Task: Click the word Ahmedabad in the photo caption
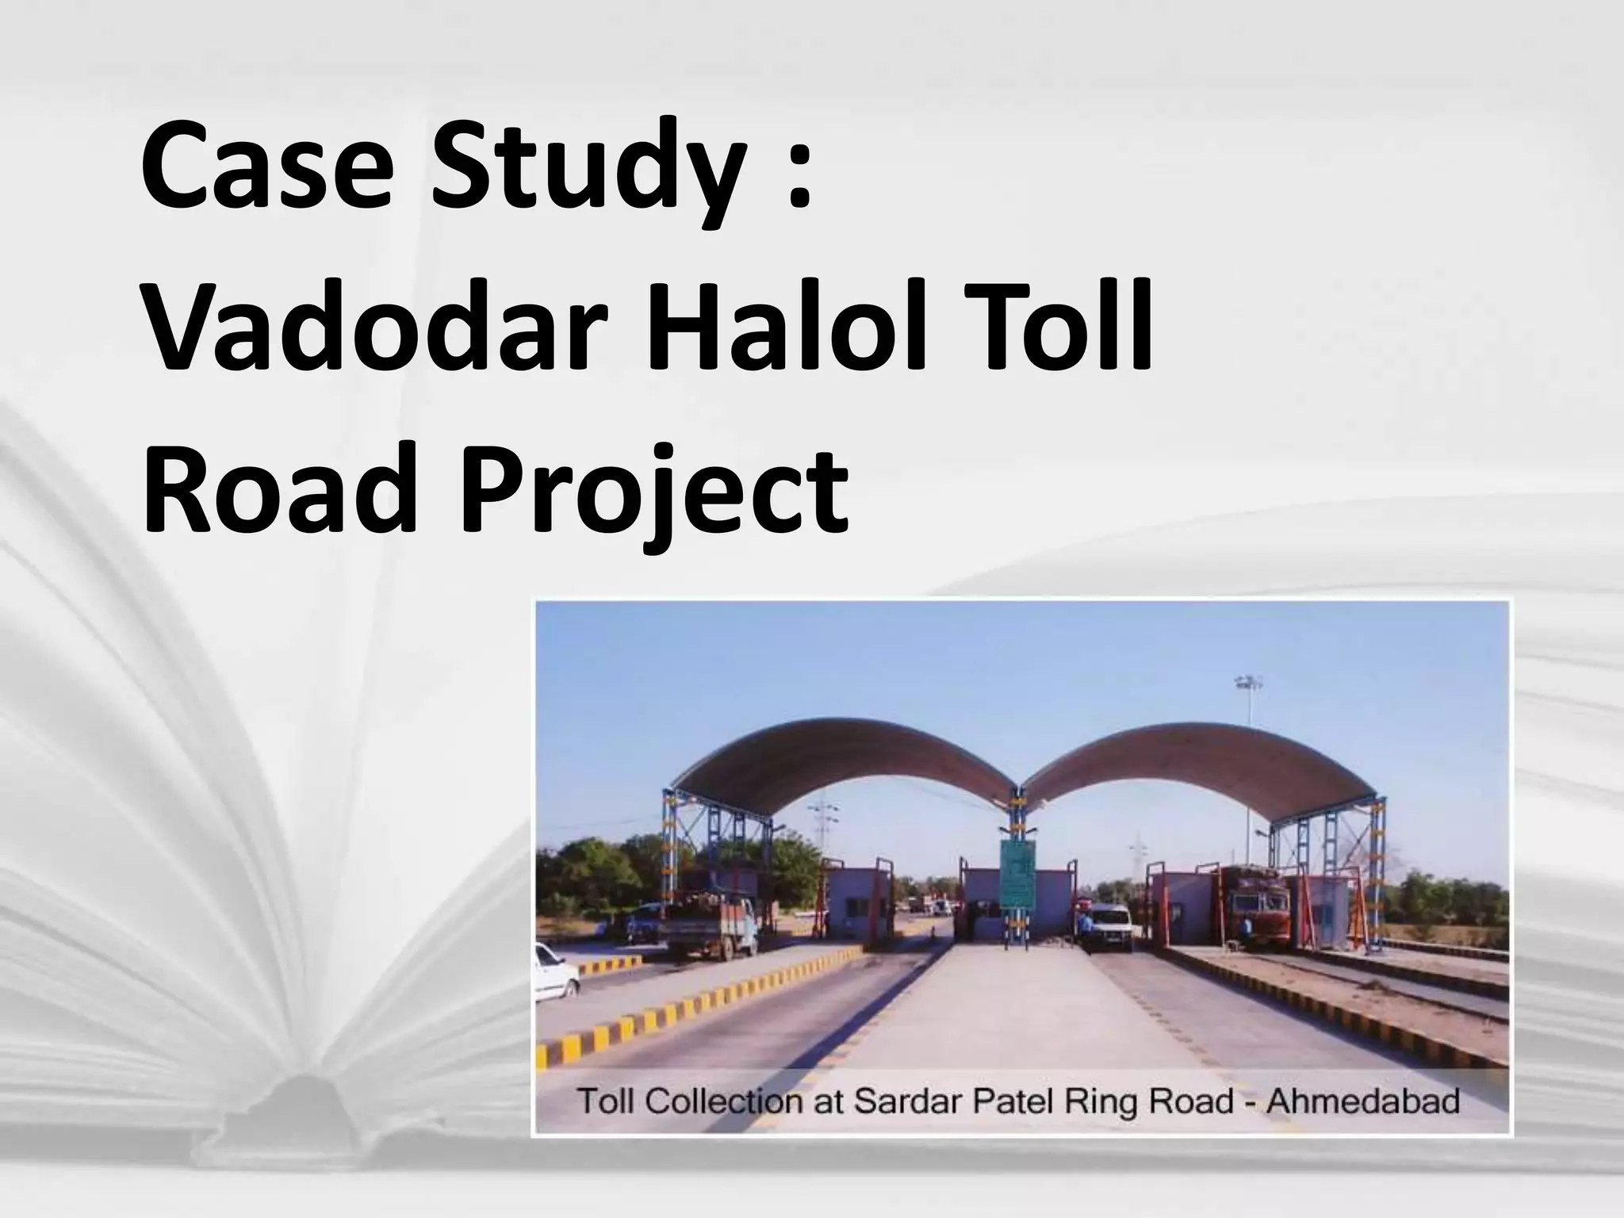point(1363,1101)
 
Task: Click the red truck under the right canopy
point(1253,904)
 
